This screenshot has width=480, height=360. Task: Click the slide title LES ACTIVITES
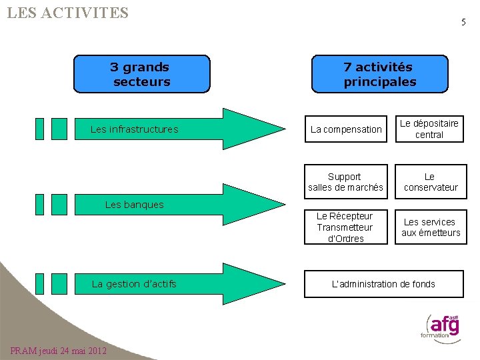[67, 13]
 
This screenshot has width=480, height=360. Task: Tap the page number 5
[463, 22]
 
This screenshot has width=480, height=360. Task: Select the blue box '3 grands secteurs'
[141, 74]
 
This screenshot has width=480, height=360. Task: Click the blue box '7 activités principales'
[379, 74]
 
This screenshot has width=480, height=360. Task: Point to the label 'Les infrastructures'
[134, 129]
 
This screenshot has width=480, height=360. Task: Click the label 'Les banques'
[134, 205]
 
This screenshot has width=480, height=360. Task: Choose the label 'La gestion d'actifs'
[134, 284]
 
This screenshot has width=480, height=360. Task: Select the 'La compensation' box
[346, 129]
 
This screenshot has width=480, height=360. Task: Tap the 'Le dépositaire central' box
[429, 129]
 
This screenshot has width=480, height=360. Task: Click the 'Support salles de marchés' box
[345, 182]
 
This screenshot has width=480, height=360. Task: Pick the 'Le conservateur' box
[431, 182]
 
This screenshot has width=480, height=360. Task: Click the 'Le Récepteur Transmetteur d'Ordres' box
[345, 227]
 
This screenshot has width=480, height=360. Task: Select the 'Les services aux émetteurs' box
[431, 227]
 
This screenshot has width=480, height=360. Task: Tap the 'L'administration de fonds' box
[383, 284]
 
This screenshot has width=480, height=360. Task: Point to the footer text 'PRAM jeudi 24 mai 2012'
[59, 351]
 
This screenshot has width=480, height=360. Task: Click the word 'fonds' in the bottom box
[423, 284]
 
